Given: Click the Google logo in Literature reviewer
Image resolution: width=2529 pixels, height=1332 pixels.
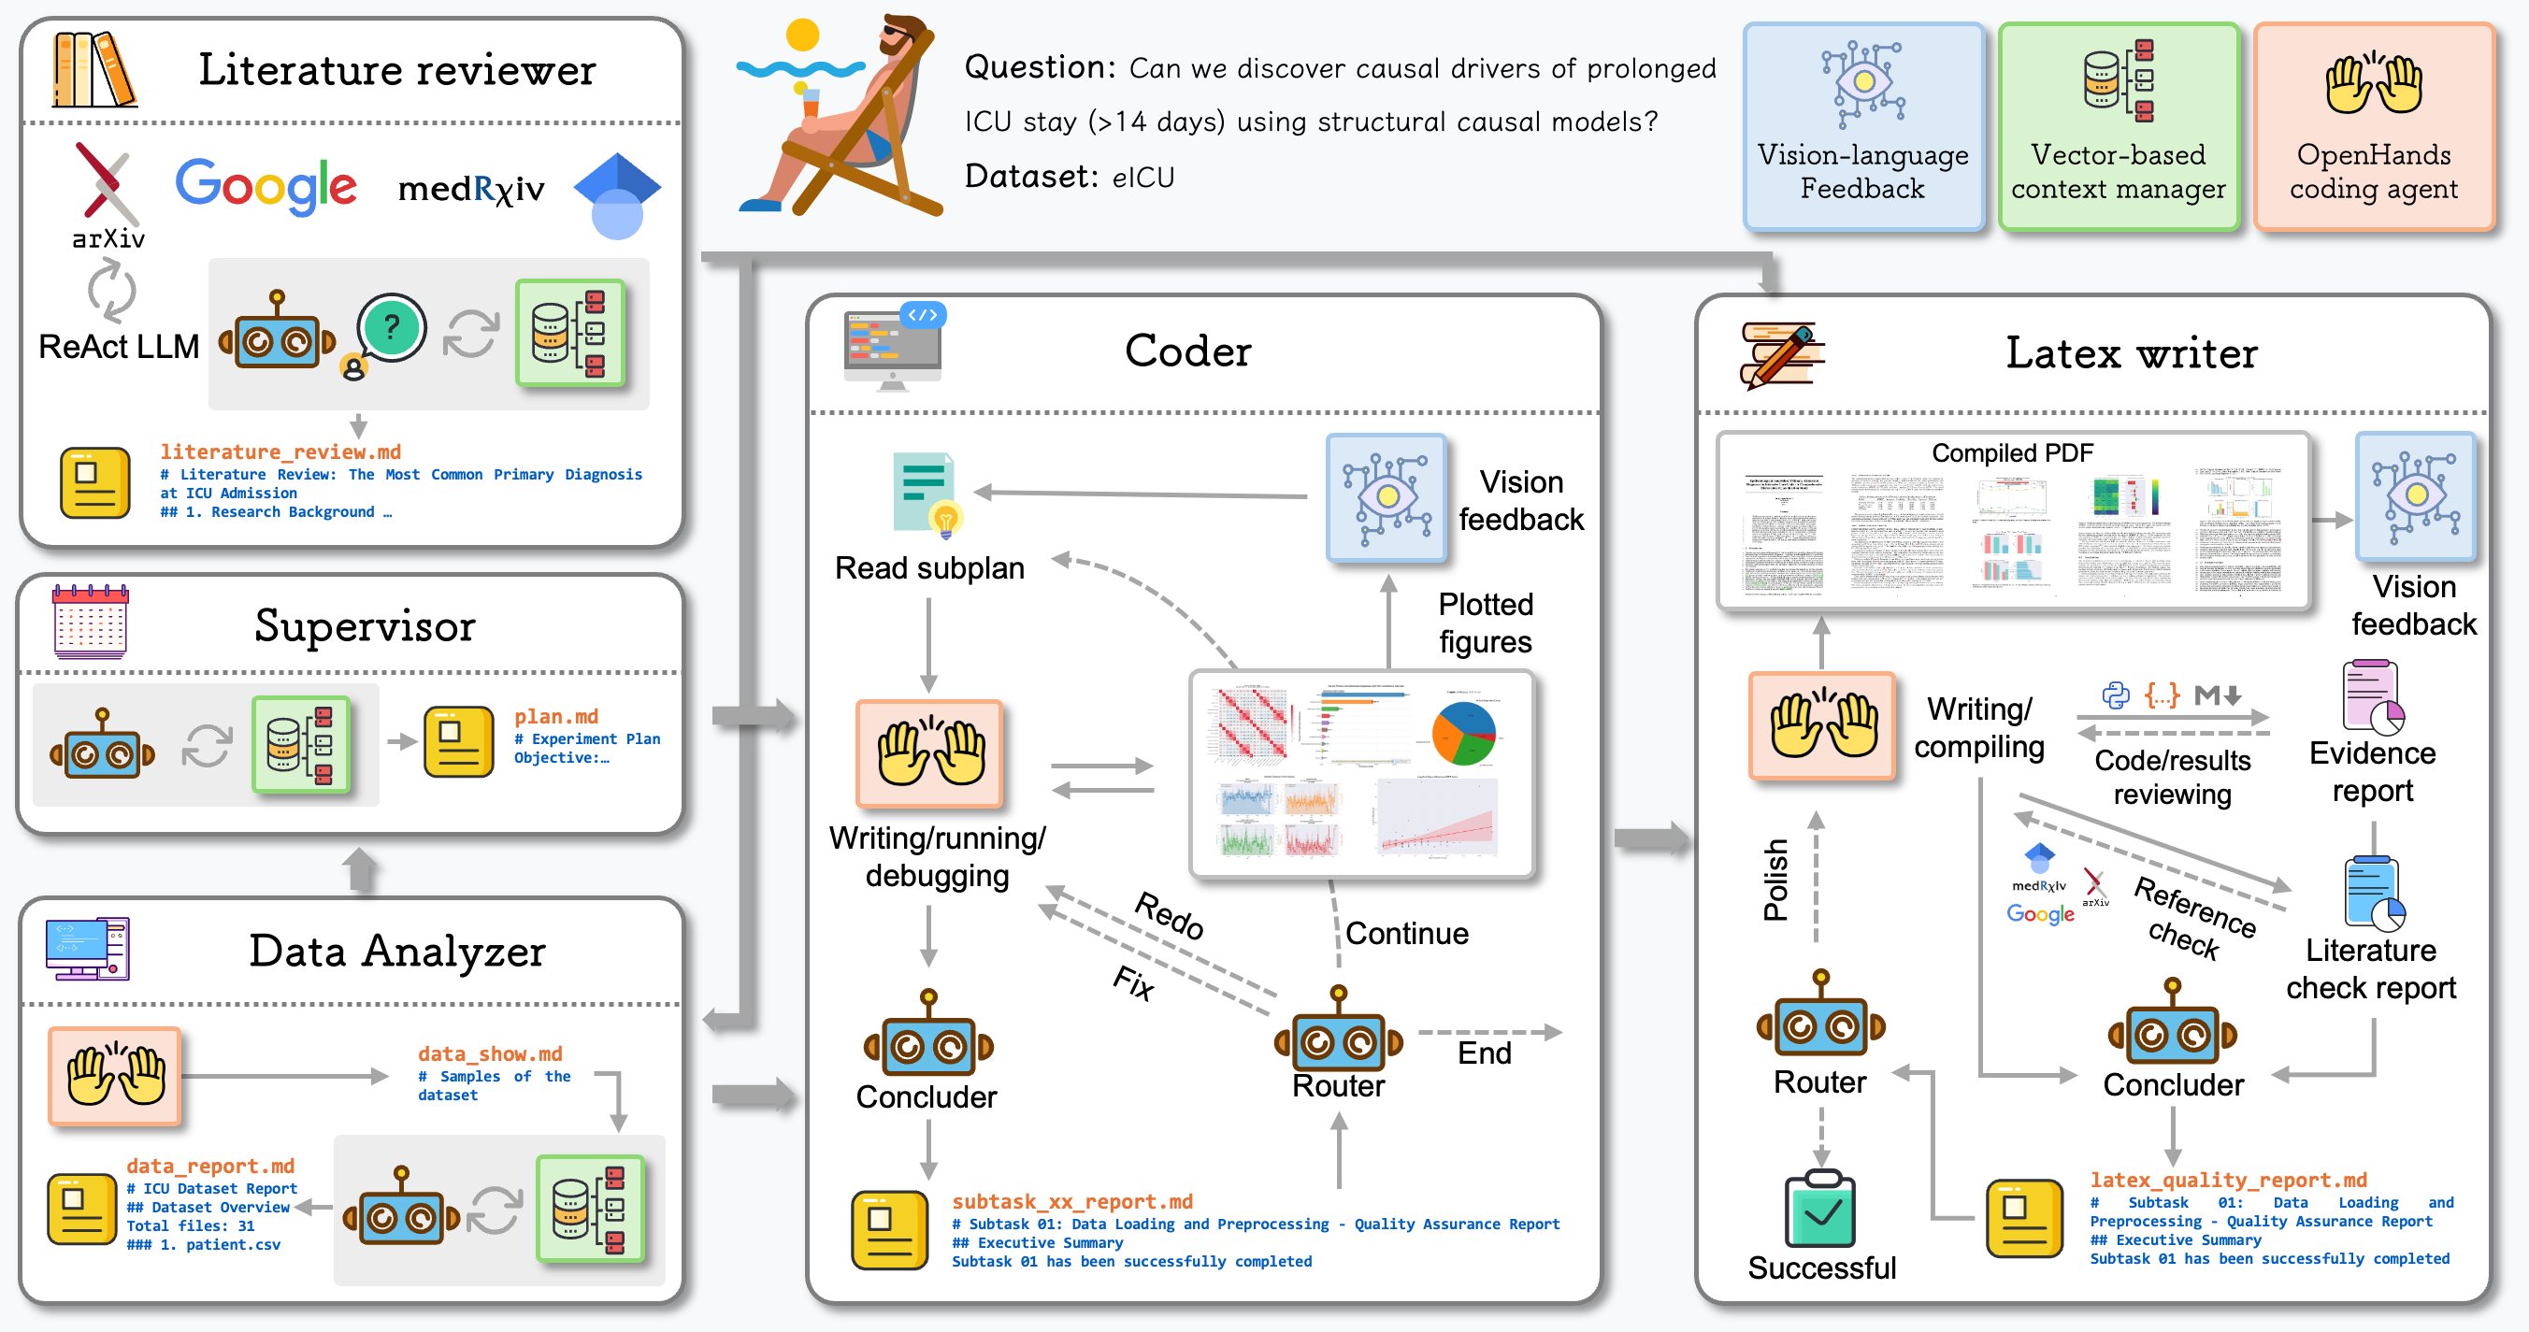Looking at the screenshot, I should [266, 187].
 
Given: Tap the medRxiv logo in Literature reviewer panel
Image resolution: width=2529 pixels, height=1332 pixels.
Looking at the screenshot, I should [471, 189].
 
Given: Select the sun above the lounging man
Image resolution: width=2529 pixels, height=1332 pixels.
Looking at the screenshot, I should [802, 36].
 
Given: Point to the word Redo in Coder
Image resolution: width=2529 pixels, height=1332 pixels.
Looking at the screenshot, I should [1170, 915].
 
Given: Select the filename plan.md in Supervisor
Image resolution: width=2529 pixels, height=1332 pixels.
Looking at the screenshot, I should [555, 717].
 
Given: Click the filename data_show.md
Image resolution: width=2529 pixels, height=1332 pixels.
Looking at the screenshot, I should [490, 1053].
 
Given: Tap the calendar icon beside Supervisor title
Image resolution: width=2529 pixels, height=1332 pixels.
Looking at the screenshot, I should [91, 621].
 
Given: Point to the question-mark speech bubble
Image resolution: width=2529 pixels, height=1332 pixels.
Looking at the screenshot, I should [392, 328].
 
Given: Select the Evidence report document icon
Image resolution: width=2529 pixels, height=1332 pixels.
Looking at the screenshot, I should [2371, 697].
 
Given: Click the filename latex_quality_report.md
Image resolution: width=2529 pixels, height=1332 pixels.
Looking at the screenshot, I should [2228, 1180].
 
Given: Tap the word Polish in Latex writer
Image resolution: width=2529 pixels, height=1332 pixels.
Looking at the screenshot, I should [1775, 880].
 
